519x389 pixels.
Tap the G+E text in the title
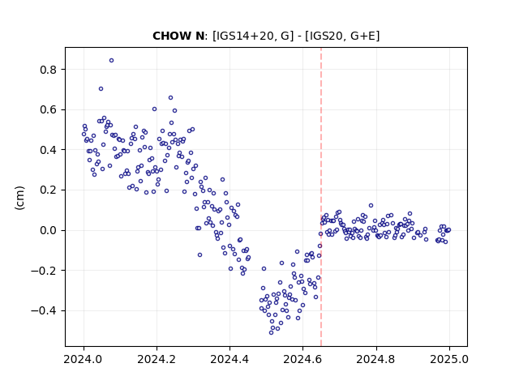point(362,36)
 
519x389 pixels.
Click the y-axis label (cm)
point(19,198)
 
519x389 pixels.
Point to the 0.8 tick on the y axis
point(48,70)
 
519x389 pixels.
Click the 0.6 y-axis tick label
point(48,110)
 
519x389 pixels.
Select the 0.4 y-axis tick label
point(48,150)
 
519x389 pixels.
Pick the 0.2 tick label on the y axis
point(48,190)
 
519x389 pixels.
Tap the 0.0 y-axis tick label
point(48,230)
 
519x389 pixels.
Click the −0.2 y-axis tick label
point(44,271)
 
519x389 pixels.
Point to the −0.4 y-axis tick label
point(44,311)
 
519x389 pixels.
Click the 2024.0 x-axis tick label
point(84,359)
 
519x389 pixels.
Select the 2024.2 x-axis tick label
point(157,359)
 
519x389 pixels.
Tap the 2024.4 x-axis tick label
point(229,359)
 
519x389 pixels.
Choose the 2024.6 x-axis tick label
point(302,359)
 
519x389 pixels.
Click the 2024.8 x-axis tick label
point(376,359)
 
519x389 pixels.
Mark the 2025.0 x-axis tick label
point(449,359)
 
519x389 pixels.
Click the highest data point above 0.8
point(112,60)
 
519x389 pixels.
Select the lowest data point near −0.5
point(271,332)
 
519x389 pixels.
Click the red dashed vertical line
point(321,197)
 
